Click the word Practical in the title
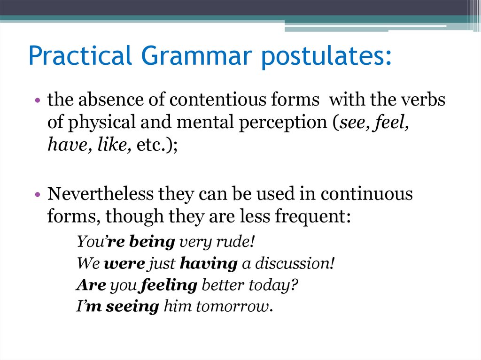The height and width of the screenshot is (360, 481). [x=80, y=56]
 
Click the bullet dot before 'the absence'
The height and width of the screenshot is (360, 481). [x=38, y=101]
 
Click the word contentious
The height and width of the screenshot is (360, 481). [x=216, y=100]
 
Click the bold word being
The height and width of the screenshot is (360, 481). [x=152, y=243]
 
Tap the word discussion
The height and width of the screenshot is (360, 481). [x=295, y=264]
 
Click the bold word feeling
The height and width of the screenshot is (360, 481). [x=169, y=285]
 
